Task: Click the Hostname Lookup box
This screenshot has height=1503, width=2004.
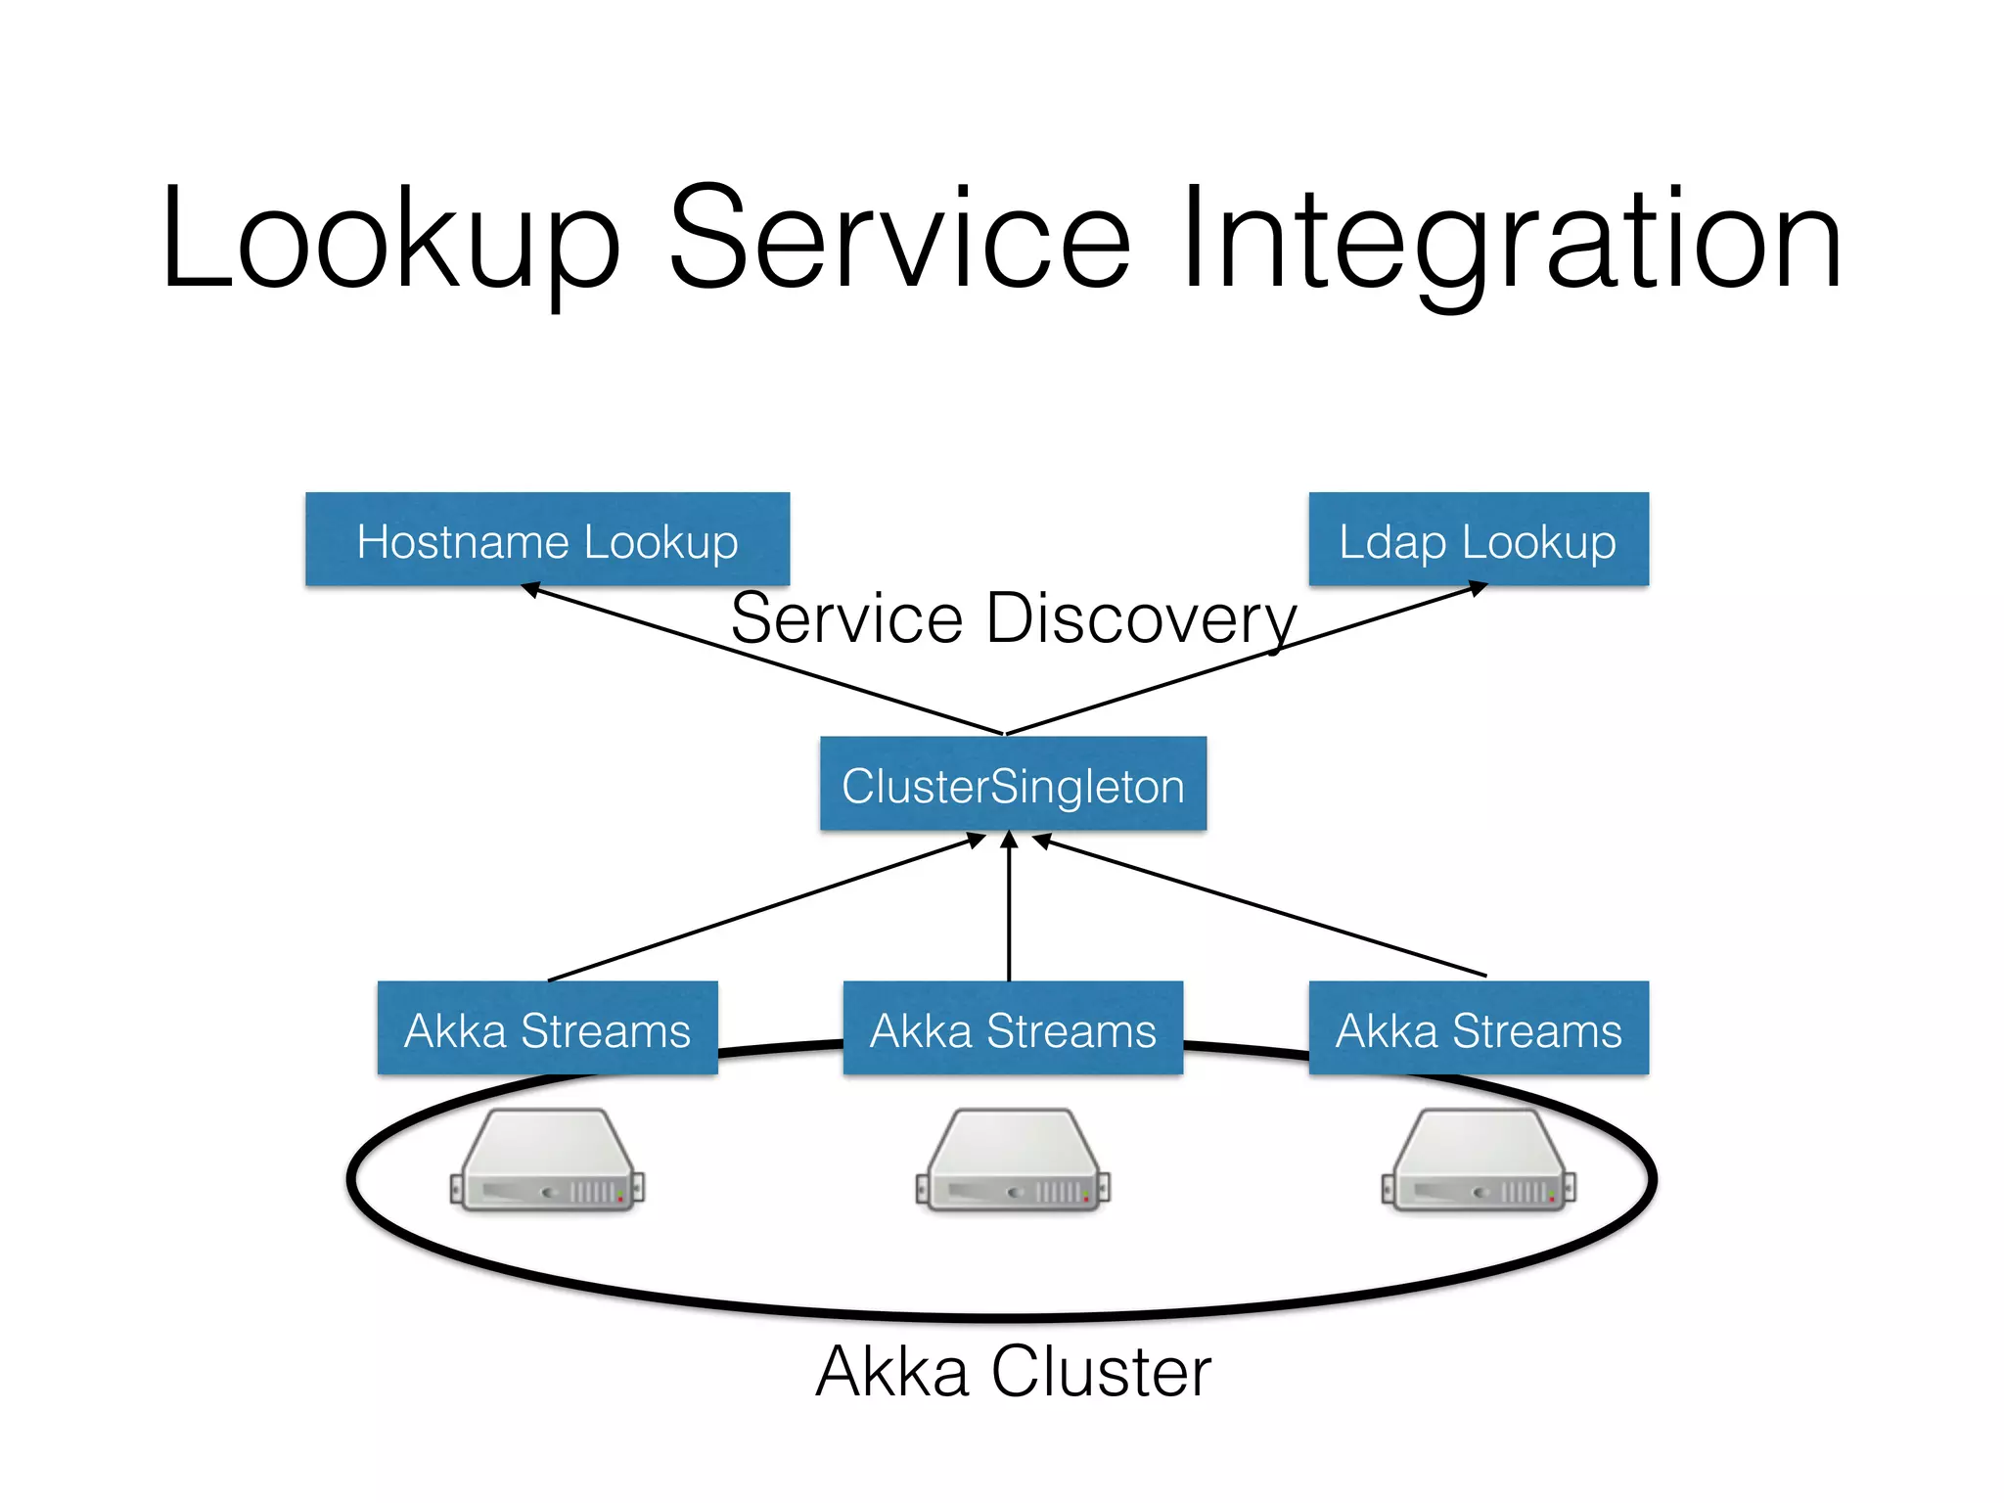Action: (x=547, y=539)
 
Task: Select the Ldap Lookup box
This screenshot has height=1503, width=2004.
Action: (x=1478, y=539)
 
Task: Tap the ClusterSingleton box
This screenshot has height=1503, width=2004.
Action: (x=1013, y=784)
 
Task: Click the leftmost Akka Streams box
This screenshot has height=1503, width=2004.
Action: (x=547, y=1028)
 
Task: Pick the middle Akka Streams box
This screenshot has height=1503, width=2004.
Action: (x=1013, y=1028)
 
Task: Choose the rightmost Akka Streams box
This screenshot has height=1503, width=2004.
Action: (x=1478, y=1028)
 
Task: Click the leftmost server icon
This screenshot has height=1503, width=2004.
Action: (x=547, y=1161)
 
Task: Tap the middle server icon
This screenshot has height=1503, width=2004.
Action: (x=1013, y=1161)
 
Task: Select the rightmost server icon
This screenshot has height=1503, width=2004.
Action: (x=1478, y=1161)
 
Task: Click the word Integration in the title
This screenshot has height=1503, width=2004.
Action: (x=1512, y=240)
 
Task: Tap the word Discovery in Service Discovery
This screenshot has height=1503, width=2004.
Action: (x=1140, y=619)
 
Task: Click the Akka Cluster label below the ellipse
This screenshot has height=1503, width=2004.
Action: (x=1013, y=1371)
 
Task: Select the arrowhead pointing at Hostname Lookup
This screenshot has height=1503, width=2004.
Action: (x=530, y=589)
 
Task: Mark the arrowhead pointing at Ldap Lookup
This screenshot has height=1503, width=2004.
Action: (x=1479, y=588)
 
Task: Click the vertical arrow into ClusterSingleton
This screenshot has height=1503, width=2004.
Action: (x=1010, y=910)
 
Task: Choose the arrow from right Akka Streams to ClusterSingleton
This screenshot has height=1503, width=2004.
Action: (x=1262, y=908)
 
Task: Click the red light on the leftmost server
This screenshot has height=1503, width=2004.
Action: (x=620, y=1199)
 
